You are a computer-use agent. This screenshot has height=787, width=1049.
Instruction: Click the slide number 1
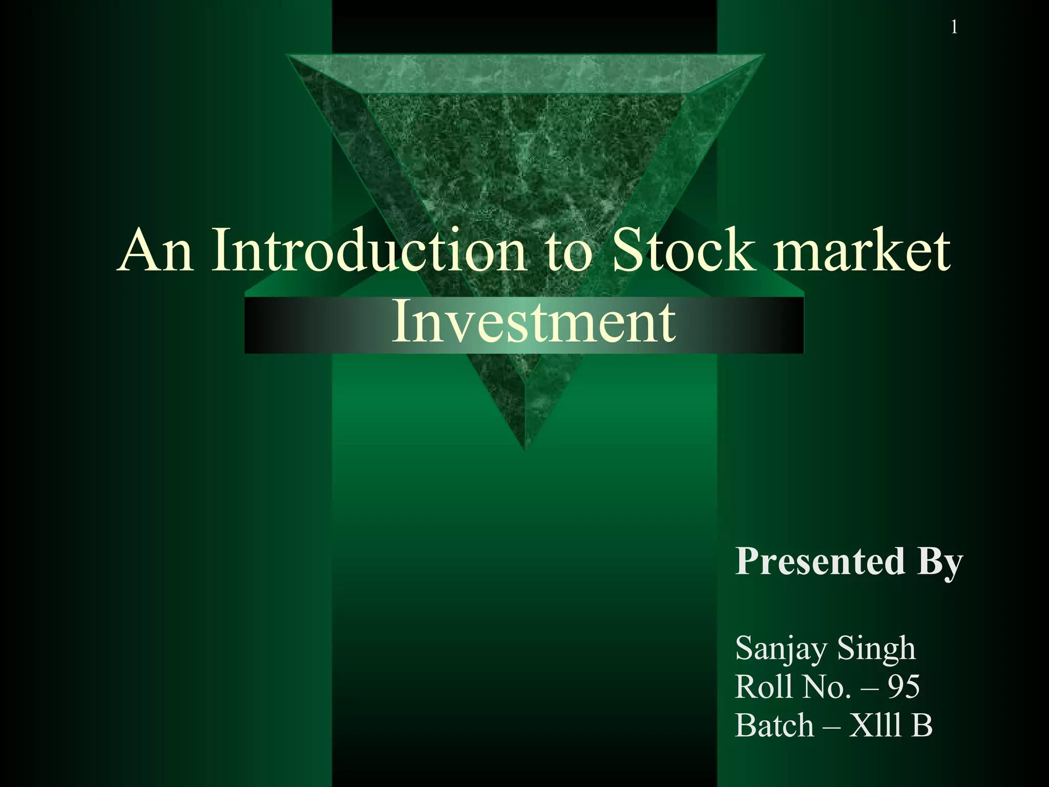click(x=954, y=27)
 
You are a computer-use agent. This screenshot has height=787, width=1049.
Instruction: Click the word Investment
click(x=533, y=323)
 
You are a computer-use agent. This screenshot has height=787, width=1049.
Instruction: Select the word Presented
click(x=820, y=561)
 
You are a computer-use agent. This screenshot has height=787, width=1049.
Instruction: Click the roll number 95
click(x=904, y=687)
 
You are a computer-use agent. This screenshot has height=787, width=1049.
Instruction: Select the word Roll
click(x=763, y=687)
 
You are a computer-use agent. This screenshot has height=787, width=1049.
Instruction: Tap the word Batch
click(x=774, y=726)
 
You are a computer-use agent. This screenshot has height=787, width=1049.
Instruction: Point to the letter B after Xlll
click(x=922, y=726)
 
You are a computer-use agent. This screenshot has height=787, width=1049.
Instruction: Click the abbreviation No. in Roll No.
click(x=826, y=687)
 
